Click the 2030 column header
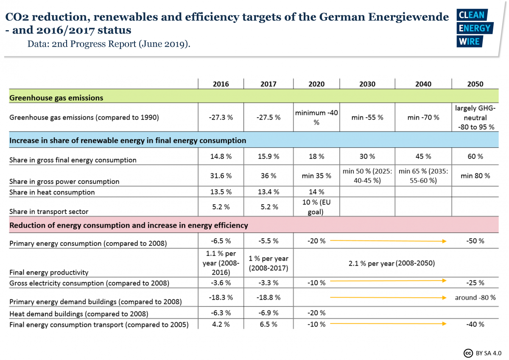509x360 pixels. [367, 84]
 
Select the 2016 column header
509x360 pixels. [221, 84]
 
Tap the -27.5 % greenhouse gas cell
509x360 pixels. [268, 117]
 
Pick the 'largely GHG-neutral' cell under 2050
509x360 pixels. [475, 117]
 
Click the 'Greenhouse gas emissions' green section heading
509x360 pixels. [56, 98]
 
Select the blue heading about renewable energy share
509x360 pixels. [128, 140]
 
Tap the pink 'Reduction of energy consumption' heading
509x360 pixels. [129, 225]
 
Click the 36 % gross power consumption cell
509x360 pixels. [268, 175]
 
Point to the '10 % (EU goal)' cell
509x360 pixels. [316, 207]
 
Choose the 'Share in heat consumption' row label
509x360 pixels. [52, 192]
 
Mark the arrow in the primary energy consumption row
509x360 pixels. [388, 241]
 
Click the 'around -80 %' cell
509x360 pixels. [475, 298]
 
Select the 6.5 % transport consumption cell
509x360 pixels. [268, 324]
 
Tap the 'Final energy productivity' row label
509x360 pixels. [49, 272]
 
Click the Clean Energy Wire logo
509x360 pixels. [474, 28]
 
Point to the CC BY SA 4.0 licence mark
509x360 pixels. [483, 352]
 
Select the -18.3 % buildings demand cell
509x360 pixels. [221, 298]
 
